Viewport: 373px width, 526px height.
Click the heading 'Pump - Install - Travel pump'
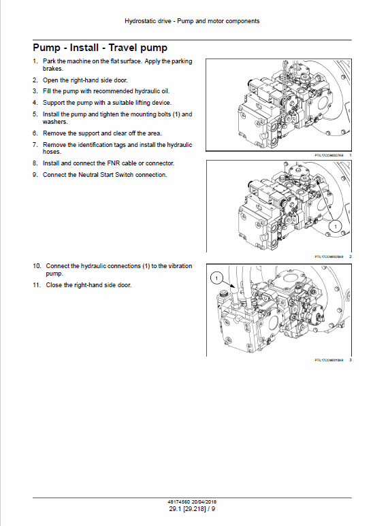(x=99, y=48)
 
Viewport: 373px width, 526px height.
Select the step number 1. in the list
(x=35, y=62)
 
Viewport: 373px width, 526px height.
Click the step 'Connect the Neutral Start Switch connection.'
(x=104, y=175)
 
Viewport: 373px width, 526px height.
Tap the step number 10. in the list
(x=37, y=265)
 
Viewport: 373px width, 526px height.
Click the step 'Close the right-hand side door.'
(x=88, y=285)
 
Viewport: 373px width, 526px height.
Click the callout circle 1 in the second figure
(x=334, y=224)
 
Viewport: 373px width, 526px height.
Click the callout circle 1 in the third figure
(x=216, y=278)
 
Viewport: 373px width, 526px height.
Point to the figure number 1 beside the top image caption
(x=350, y=156)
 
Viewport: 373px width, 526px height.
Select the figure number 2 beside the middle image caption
(x=350, y=257)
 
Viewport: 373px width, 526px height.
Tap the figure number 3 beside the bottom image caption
(x=350, y=360)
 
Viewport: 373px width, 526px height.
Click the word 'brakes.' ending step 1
(x=53, y=69)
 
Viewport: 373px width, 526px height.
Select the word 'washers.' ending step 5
(x=55, y=122)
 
